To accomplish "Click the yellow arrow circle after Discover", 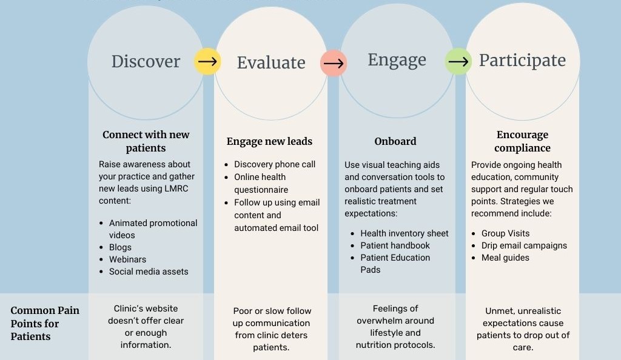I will (x=207, y=62).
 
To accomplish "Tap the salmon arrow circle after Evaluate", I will (x=334, y=63).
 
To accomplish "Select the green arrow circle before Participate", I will (x=458, y=62).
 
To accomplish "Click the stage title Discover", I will (x=146, y=61).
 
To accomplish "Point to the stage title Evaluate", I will (x=271, y=62).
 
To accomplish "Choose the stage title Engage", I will (x=397, y=60).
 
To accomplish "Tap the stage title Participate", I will (x=522, y=61).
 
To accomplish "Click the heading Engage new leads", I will (x=269, y=142).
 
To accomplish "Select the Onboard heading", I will (x=395, y=142).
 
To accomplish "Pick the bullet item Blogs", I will (x=120, y=247).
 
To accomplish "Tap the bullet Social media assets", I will (x=149, y=272).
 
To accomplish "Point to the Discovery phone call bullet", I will (x=275, y=164).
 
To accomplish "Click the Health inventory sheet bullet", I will (x=404, y=233).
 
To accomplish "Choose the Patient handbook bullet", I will (x=395, y=245).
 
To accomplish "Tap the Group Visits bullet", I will (x=505, y=233).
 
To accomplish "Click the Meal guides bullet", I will (x=505, y=258).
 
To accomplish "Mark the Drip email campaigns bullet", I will (x=524, y=245).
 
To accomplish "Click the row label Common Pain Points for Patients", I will (x=45, y=323).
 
